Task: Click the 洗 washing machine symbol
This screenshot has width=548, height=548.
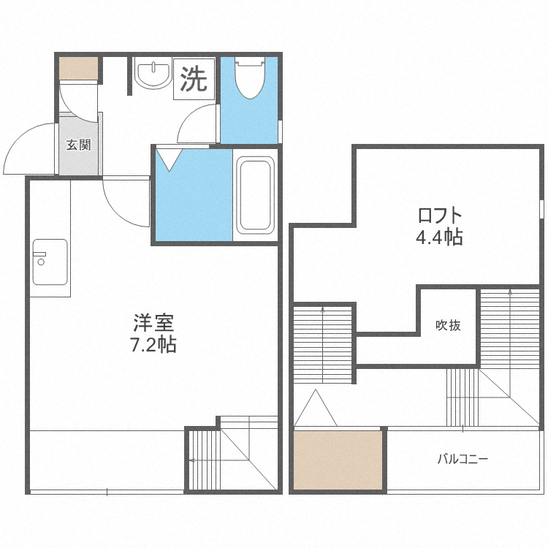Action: (194, 79)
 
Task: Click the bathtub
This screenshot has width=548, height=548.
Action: (255, 195)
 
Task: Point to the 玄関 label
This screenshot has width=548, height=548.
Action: (79, 145)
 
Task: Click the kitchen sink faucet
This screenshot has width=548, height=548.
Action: (40, 258)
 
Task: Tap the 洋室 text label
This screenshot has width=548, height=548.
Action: (153, 323)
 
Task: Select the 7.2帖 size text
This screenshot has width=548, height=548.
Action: (153, 345)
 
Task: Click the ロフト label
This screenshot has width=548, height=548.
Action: (440, 216)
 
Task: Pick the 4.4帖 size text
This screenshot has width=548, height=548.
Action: (439, 237)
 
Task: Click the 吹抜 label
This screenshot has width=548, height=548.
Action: (448, 325)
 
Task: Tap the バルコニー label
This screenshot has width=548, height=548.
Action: (463, 459)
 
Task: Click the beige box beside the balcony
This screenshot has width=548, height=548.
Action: (338, 460)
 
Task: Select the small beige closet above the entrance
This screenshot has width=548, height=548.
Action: (78, 68)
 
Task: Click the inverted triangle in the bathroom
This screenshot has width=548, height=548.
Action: (170, 160)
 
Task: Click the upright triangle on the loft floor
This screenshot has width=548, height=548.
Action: (316, 408)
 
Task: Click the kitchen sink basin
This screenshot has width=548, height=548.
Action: (50, 262)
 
